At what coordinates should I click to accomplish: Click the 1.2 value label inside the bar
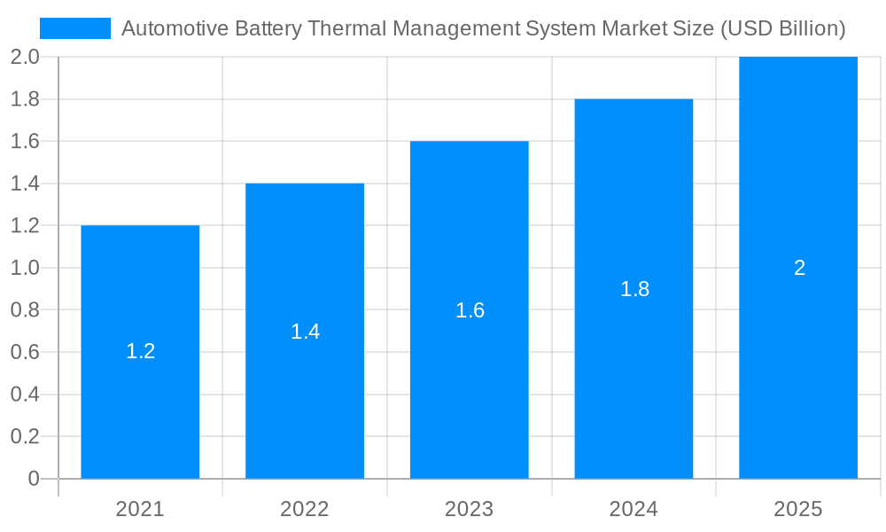pos(140,351)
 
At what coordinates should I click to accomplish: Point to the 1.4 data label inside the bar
pos(305,332)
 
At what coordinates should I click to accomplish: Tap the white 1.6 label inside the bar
pos(470,310)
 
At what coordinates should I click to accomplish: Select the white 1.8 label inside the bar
pos(634,289)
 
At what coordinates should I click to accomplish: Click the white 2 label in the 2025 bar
pos(799,268)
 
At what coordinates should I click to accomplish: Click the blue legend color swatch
pos(75,28)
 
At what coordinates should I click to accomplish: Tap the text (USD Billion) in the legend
pos(782,28)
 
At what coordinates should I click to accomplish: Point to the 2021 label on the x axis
pos(140,509)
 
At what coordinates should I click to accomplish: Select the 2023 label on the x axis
pos(470,509)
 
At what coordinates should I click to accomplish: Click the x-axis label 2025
pos(798,509)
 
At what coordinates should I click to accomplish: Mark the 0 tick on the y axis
pos(34,479)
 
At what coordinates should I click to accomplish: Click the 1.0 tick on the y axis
pos(25,268)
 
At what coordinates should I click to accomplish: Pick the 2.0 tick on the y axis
pos(25,57)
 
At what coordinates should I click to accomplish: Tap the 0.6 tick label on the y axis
pos(25,352)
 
